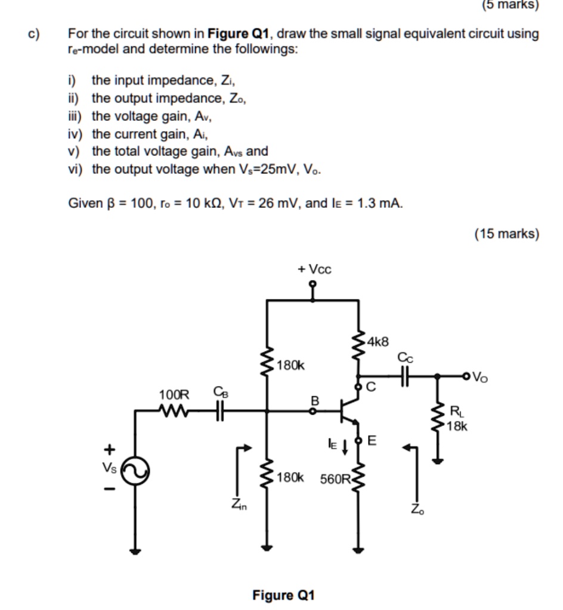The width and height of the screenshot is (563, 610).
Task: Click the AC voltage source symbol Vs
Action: pyautogui.click(x=136, y=472)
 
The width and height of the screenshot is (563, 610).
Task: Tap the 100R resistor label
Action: pyautogui.click(x=174, y=394)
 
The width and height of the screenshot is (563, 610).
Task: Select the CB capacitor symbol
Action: pyautogui.click(x=219, y=410)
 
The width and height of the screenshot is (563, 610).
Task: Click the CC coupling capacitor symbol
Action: pyautogui.click(x=405, y=376)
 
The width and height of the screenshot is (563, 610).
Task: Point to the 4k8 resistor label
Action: pyautogui.click(x=378, y=342)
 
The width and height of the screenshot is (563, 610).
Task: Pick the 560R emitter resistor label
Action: pyautogui.click(x=335, y=478)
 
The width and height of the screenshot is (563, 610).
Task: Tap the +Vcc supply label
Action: pyautogui.click(x=314, y=269)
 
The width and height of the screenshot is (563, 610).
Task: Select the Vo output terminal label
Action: pyautogui.click(x=481, y=376)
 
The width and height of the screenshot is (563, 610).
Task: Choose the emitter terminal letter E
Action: pyautogui.click(x=372, y=441)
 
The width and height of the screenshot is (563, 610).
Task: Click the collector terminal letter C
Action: pyautogui.click(x=370, y=388)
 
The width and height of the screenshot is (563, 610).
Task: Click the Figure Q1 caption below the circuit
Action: pyautogui.click(x=283, y=595)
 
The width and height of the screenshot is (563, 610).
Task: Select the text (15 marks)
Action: pyautogui.click(x=506, y=234)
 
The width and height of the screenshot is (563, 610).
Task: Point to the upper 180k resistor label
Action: pyautogui.click(x=291, y=365)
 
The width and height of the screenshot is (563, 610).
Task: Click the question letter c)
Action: pyautogui.click(x=34, y=33)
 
